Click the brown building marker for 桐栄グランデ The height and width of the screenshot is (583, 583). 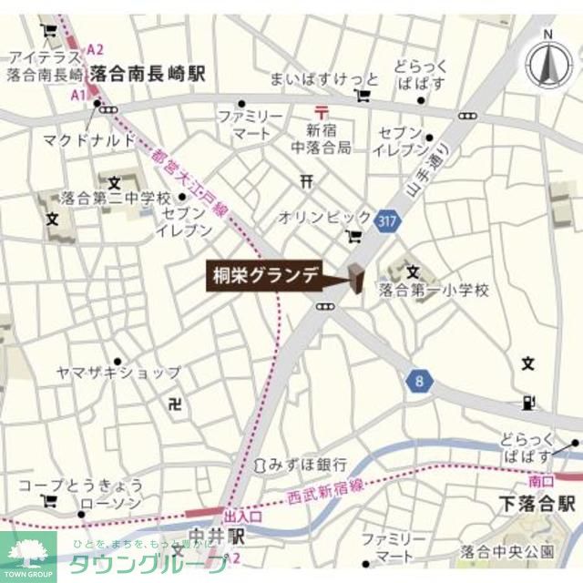[354, 279]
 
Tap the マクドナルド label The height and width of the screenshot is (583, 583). [89, 139]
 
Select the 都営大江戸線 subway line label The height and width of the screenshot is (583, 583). [190, 186]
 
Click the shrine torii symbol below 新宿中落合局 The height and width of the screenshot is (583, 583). [306, 181]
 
